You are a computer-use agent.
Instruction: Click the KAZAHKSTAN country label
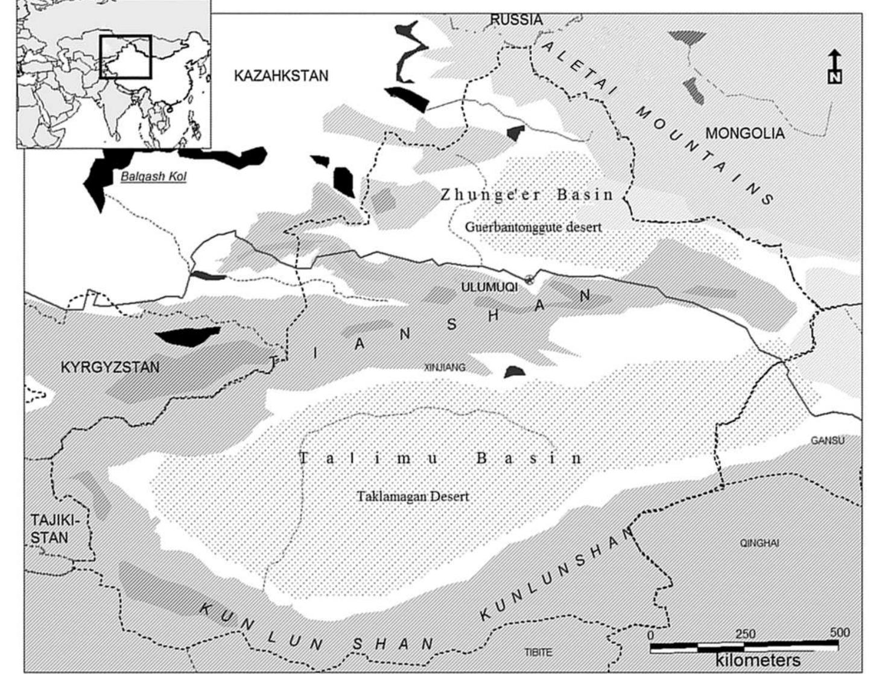(281, 76)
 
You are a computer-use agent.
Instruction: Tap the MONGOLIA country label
(745, 133)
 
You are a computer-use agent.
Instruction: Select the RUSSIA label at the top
(516, 20)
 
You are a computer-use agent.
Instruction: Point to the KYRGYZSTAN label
(110, 367)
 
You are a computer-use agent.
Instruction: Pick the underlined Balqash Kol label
(153, 177)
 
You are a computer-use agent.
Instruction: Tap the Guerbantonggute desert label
(533, 227)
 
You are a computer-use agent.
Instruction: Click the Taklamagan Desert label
(413, 497)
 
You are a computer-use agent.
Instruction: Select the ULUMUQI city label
(489, 287)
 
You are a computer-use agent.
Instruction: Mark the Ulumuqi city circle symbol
(530, 279)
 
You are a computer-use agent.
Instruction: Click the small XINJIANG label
(445, 367)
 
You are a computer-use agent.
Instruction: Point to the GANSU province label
(828, 440)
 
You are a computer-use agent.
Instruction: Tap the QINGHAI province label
(760, 543)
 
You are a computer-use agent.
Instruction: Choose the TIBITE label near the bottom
(538, 652)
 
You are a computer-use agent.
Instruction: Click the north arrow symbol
(835, 66)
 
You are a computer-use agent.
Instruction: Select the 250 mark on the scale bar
(745, 634)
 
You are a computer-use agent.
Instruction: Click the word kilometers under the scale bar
(758, 660)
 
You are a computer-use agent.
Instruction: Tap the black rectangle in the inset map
(125, 57)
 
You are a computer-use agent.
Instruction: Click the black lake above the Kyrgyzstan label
(187, 335)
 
